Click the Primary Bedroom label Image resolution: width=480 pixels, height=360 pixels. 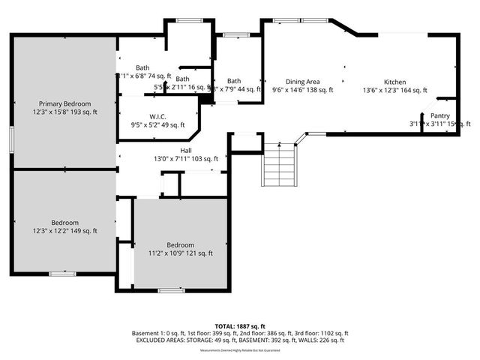click(x=65, y=103)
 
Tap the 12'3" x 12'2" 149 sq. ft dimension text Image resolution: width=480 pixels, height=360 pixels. click(x=65, y=232)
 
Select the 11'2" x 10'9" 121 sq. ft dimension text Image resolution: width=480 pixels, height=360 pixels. click(x=180, y=253)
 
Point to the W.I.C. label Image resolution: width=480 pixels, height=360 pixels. click(x=157, y=116)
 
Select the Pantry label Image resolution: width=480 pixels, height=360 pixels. click(x=439, y=115)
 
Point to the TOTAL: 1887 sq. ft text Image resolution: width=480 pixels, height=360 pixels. click(x=240, y=326)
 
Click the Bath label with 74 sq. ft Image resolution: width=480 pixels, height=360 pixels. click(x=142, y=67)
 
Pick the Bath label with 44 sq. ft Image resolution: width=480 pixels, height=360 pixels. click(x=234, y=81)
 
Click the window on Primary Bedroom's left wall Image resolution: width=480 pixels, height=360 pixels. click(x=11, y=139)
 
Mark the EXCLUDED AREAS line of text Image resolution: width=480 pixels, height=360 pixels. click(x=240, y=340)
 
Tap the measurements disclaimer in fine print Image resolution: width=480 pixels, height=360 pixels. click(x=240, y=350)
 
